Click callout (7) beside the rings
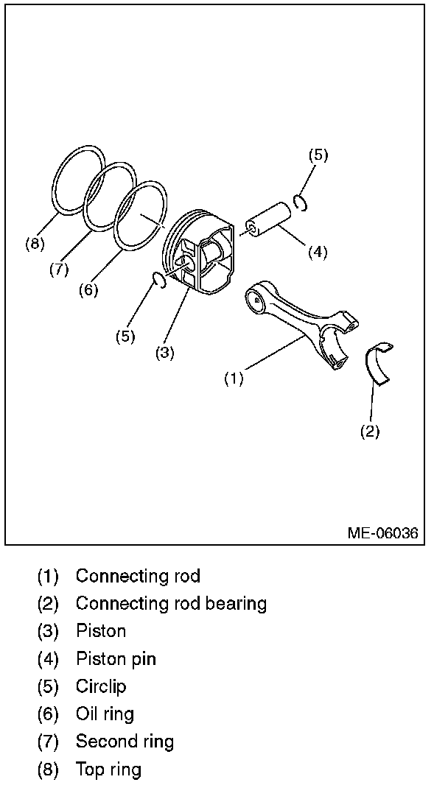(x=59, y=269)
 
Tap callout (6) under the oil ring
(x=88, y=289)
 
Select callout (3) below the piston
(x=165, y=352)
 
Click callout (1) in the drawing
(x=234, y=379)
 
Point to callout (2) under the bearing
(x=369, y=432)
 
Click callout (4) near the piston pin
(x=317, y=252)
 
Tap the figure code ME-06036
(x=382, y=532)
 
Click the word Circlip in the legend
(x=101, y=686)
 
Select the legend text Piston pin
(x=116, y=659)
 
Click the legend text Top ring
(x=108, y=770)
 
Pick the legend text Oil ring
(x=105, y=714)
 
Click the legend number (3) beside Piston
(x=49, y=632)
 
